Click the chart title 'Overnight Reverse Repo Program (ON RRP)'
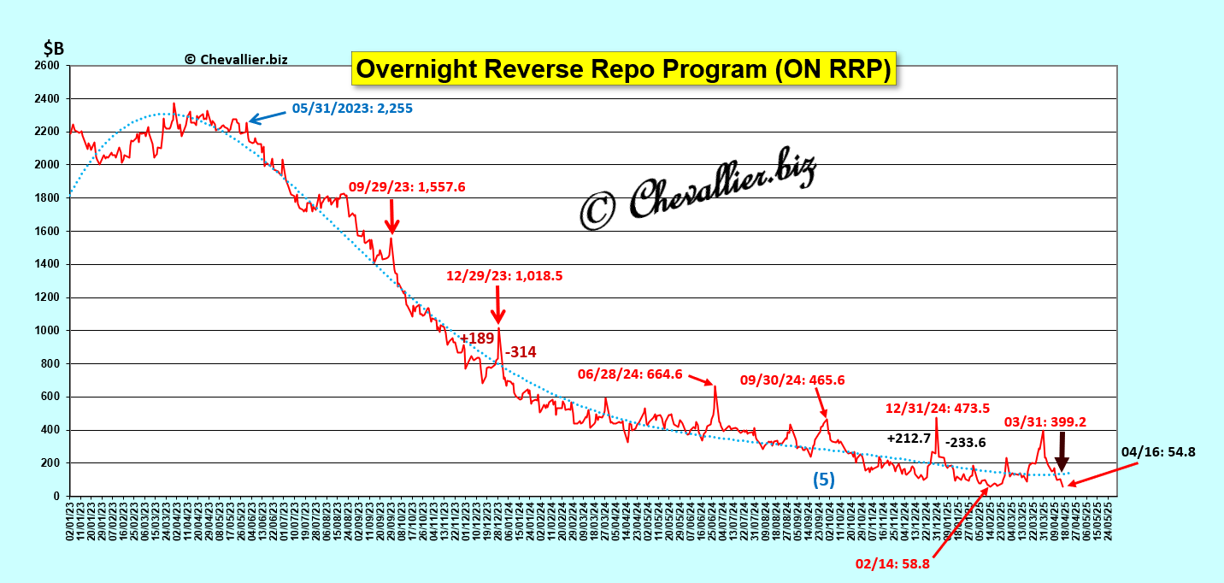pyautogui.click(x=623, y=69)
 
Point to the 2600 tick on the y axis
pyautogui.click(x=47, y=66)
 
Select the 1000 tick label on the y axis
pyautogui.click(x=47, y=331)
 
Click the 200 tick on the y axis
pyautogui.click(x=50, y=463)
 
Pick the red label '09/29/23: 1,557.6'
pyautogui.click(x=407, y=186)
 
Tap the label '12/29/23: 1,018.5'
pyautogui.click(x=504, y=275)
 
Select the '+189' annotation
pyautogui.click(x=477, y=339)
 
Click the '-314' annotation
pyautogui.click(x=521, y=352)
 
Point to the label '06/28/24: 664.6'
pyautogui.click(x=631, y=374)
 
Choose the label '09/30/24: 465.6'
pyautogui.click(x=792, y=380)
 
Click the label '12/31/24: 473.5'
pyautogui.click(x=938, y=408)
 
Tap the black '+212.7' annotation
pyautogui.click(x=909, y=439)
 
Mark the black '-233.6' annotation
pyautogui.click(x=966, y=442)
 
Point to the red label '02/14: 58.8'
pyautogui.click(x=892, y=563)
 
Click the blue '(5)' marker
pyautogui.click(x=822, y=480)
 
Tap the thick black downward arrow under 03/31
pyautogui.click(x=1062, y=451)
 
